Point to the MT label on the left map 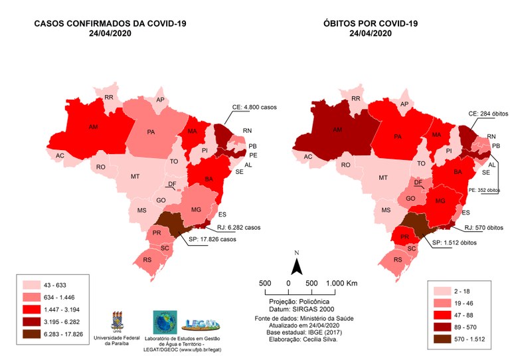(135, 177)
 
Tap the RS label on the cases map (148, 260)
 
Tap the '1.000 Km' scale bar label (342, 283)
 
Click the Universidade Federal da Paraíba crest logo (121, 318)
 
